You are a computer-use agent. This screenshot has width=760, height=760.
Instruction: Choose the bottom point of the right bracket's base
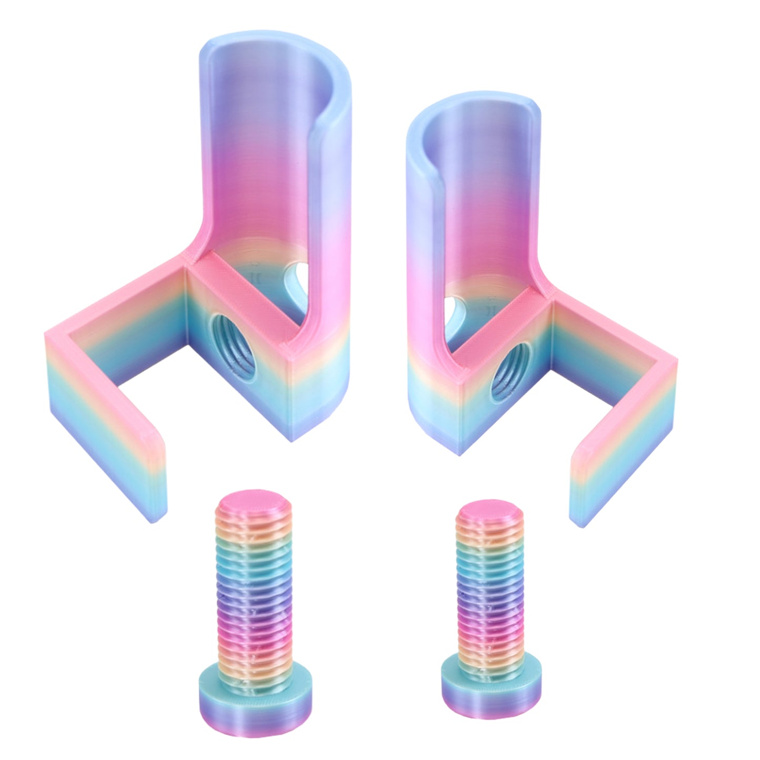460,452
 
